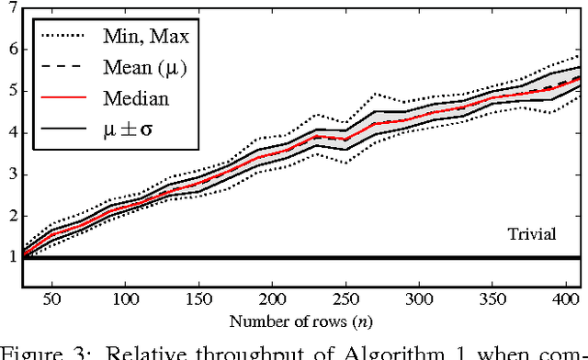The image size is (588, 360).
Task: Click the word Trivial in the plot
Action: pyautogui.click(x=532, y=234)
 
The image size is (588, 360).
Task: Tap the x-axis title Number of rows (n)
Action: pyautogui.click(x=300, y=322)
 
